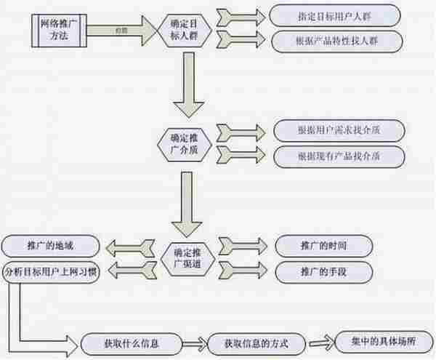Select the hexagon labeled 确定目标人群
(187, 30)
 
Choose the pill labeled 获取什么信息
(136, 342)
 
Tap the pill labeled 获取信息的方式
(256, 342)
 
